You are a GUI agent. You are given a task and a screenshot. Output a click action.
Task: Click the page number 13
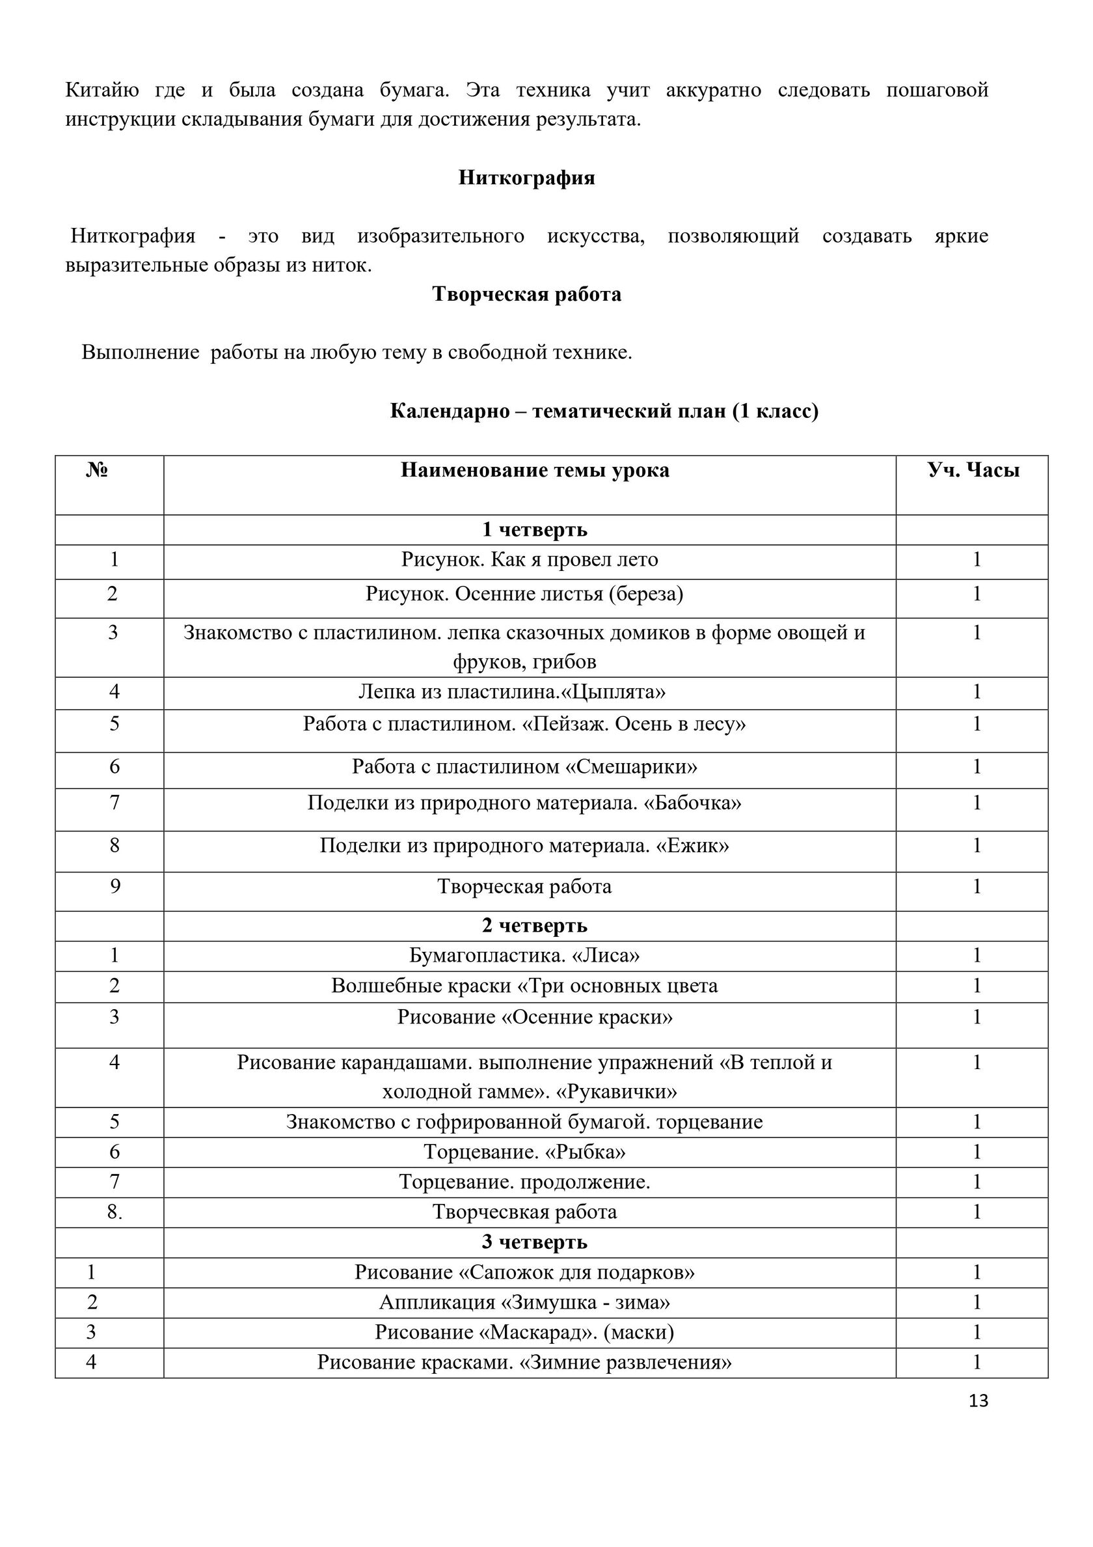pyautogui.click(x=978, y=1401)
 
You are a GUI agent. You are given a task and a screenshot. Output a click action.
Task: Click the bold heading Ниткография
pyautogui.click(x=526, y=177)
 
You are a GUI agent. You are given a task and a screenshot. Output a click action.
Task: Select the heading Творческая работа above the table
pyautogui.click(x=526, y=294)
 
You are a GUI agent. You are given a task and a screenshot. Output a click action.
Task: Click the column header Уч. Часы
pyautogui.click(x=973, y=469)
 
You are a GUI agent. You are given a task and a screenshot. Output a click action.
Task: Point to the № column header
pyautogui.click(x=97, y=469)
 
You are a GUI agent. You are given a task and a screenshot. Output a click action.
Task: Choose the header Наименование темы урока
pyautogui.click(x=535, y=469)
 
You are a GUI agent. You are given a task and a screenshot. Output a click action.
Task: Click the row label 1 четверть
pyautogui.click(x=535, y=529)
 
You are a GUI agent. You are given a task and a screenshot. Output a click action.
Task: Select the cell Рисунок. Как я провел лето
pyautogui.click(x=530, y=559)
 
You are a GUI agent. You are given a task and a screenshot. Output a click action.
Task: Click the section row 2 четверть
pyautogui.click(x=535, y=926)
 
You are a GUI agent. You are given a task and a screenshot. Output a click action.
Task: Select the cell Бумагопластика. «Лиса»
pyautogui.click(x=524, y=955)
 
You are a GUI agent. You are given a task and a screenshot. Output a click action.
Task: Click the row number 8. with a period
pyautogui.click(x=115, y=1212)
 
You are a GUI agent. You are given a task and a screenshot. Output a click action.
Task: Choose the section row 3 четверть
pyautogui.click(x=535, y=1241)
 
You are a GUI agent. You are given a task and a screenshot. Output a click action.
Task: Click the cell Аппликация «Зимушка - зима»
pyautogui.click(x=524, y=1302)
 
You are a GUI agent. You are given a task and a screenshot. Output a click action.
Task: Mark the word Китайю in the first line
pyautogui.click(x=101, y=90)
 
